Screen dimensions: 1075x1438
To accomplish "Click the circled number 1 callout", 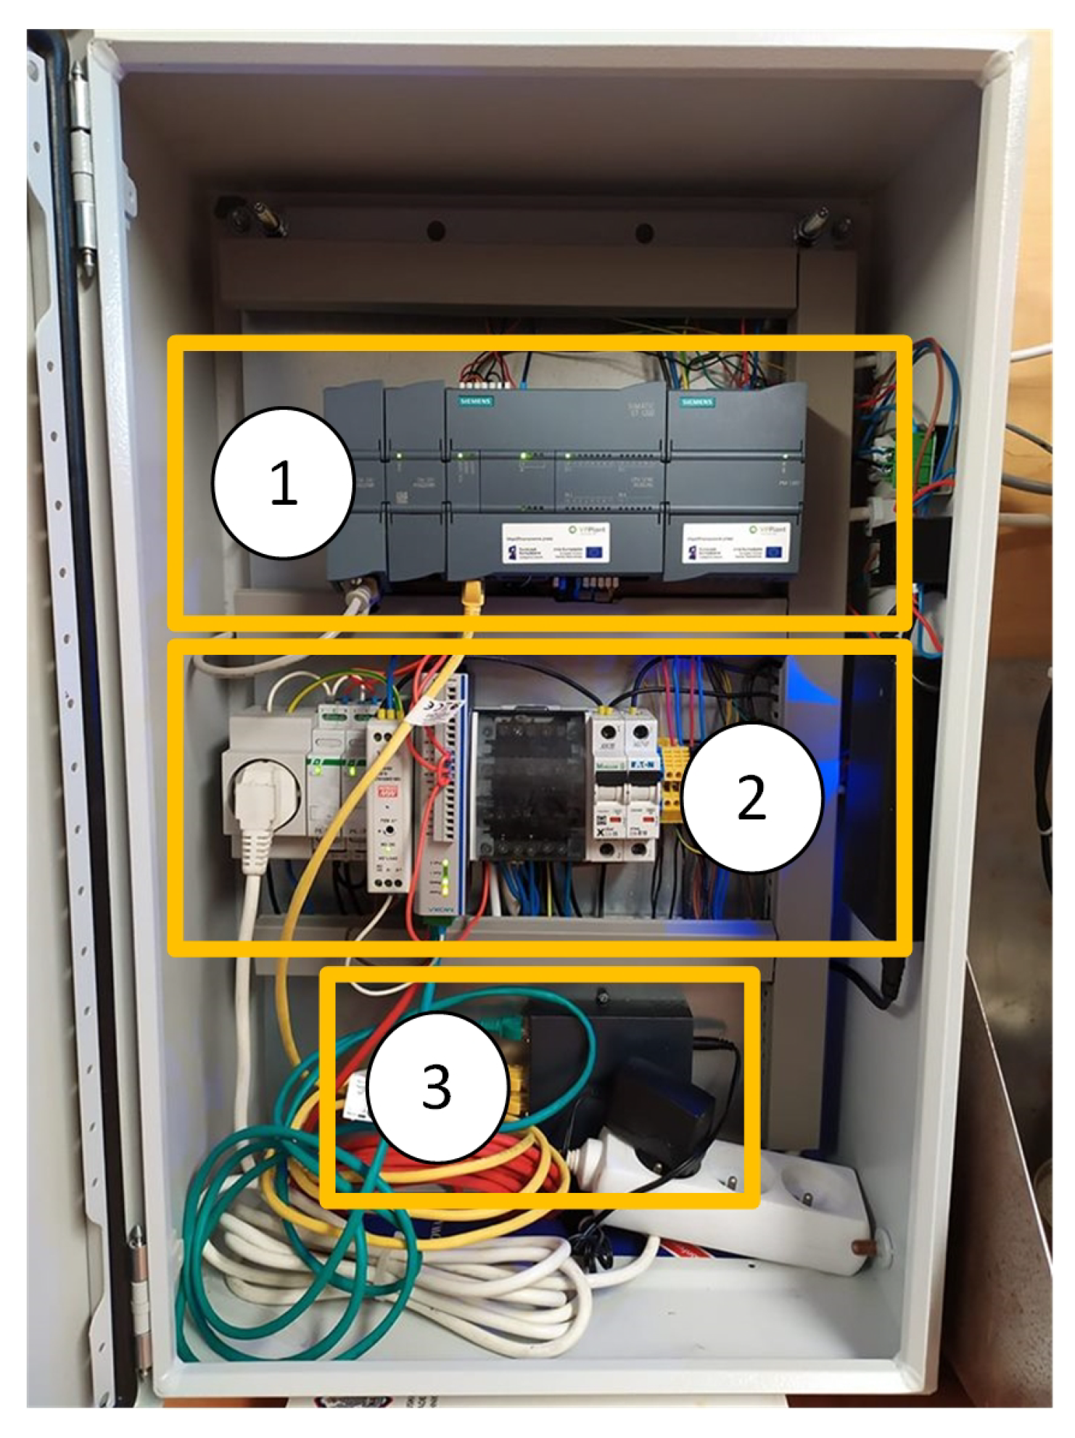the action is coord(283,483).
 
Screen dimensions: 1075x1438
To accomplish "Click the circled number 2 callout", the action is coord(751,798).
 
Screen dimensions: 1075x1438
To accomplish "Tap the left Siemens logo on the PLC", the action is coord(475,401).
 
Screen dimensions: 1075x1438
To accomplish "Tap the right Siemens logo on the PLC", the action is coord(697,401).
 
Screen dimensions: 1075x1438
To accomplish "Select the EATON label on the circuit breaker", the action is coord(642,765).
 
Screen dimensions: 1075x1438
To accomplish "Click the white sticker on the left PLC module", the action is coord(555,544).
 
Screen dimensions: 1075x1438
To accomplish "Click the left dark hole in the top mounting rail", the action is coord(436,231).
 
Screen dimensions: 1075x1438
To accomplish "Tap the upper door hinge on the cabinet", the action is coord(82,167).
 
